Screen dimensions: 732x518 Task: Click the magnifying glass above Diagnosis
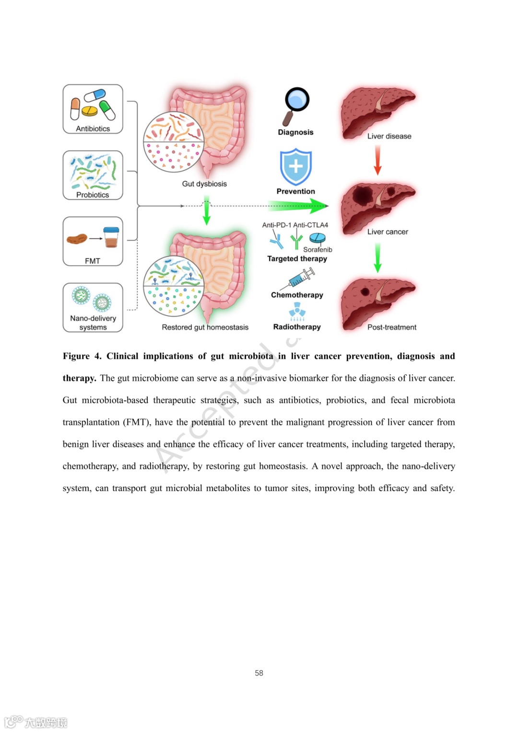(296, 105)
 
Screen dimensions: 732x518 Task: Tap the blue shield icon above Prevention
(296, 166)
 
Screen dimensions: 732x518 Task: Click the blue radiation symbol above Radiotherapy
(297, 312)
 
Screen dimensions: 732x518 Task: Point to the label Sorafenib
(318, 249)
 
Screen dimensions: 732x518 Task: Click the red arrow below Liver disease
(377, 160)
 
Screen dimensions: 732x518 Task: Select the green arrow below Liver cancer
(377, 257)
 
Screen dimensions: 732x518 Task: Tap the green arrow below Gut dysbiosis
(207, 212)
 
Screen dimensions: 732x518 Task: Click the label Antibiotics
(93, 128)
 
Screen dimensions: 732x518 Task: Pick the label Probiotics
(93, 195)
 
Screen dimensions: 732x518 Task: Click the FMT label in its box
(93, 261)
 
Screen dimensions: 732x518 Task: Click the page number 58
(259, 673)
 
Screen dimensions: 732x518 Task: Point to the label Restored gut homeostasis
(205, 327)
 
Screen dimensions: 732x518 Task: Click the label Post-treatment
(392, 327)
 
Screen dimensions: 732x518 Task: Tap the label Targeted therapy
(297, 258)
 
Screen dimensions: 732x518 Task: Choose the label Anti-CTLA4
(311, 225)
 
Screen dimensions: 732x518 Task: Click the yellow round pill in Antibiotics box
(89, 112)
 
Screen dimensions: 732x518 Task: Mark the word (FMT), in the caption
(137, 422)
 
